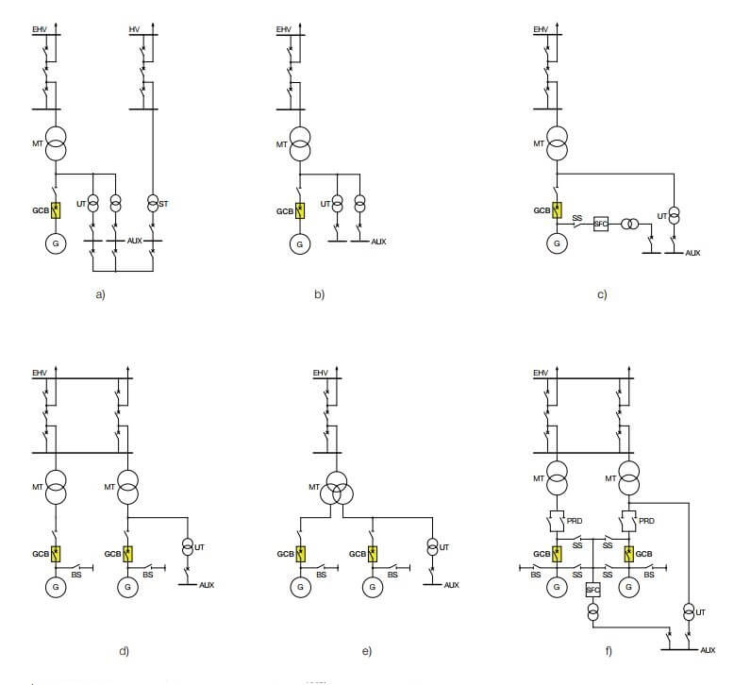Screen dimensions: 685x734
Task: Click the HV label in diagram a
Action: pyautogui.click(x=134, y=29)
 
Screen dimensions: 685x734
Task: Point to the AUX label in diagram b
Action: pyautogui.click(x=378, y=242)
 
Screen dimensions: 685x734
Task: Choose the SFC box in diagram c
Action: pyautogui.click(x=600, y=224)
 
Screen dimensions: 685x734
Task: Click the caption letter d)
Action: pyautogui.click(x=124, y=651)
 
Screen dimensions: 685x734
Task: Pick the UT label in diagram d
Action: pyautogui.click(x=199, y=546)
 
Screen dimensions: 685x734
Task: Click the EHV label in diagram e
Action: pyautogui.click(x=320, y=374)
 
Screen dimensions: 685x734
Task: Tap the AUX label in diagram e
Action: pyautogui.click(x=451, y=586)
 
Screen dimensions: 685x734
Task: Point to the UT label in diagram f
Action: pyautogui.click(x=700, y=612)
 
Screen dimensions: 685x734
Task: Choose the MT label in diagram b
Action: pyautogui.click(x=281, y=143)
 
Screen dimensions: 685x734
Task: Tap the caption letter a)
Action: pyautogui.click(x=100, y=294)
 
